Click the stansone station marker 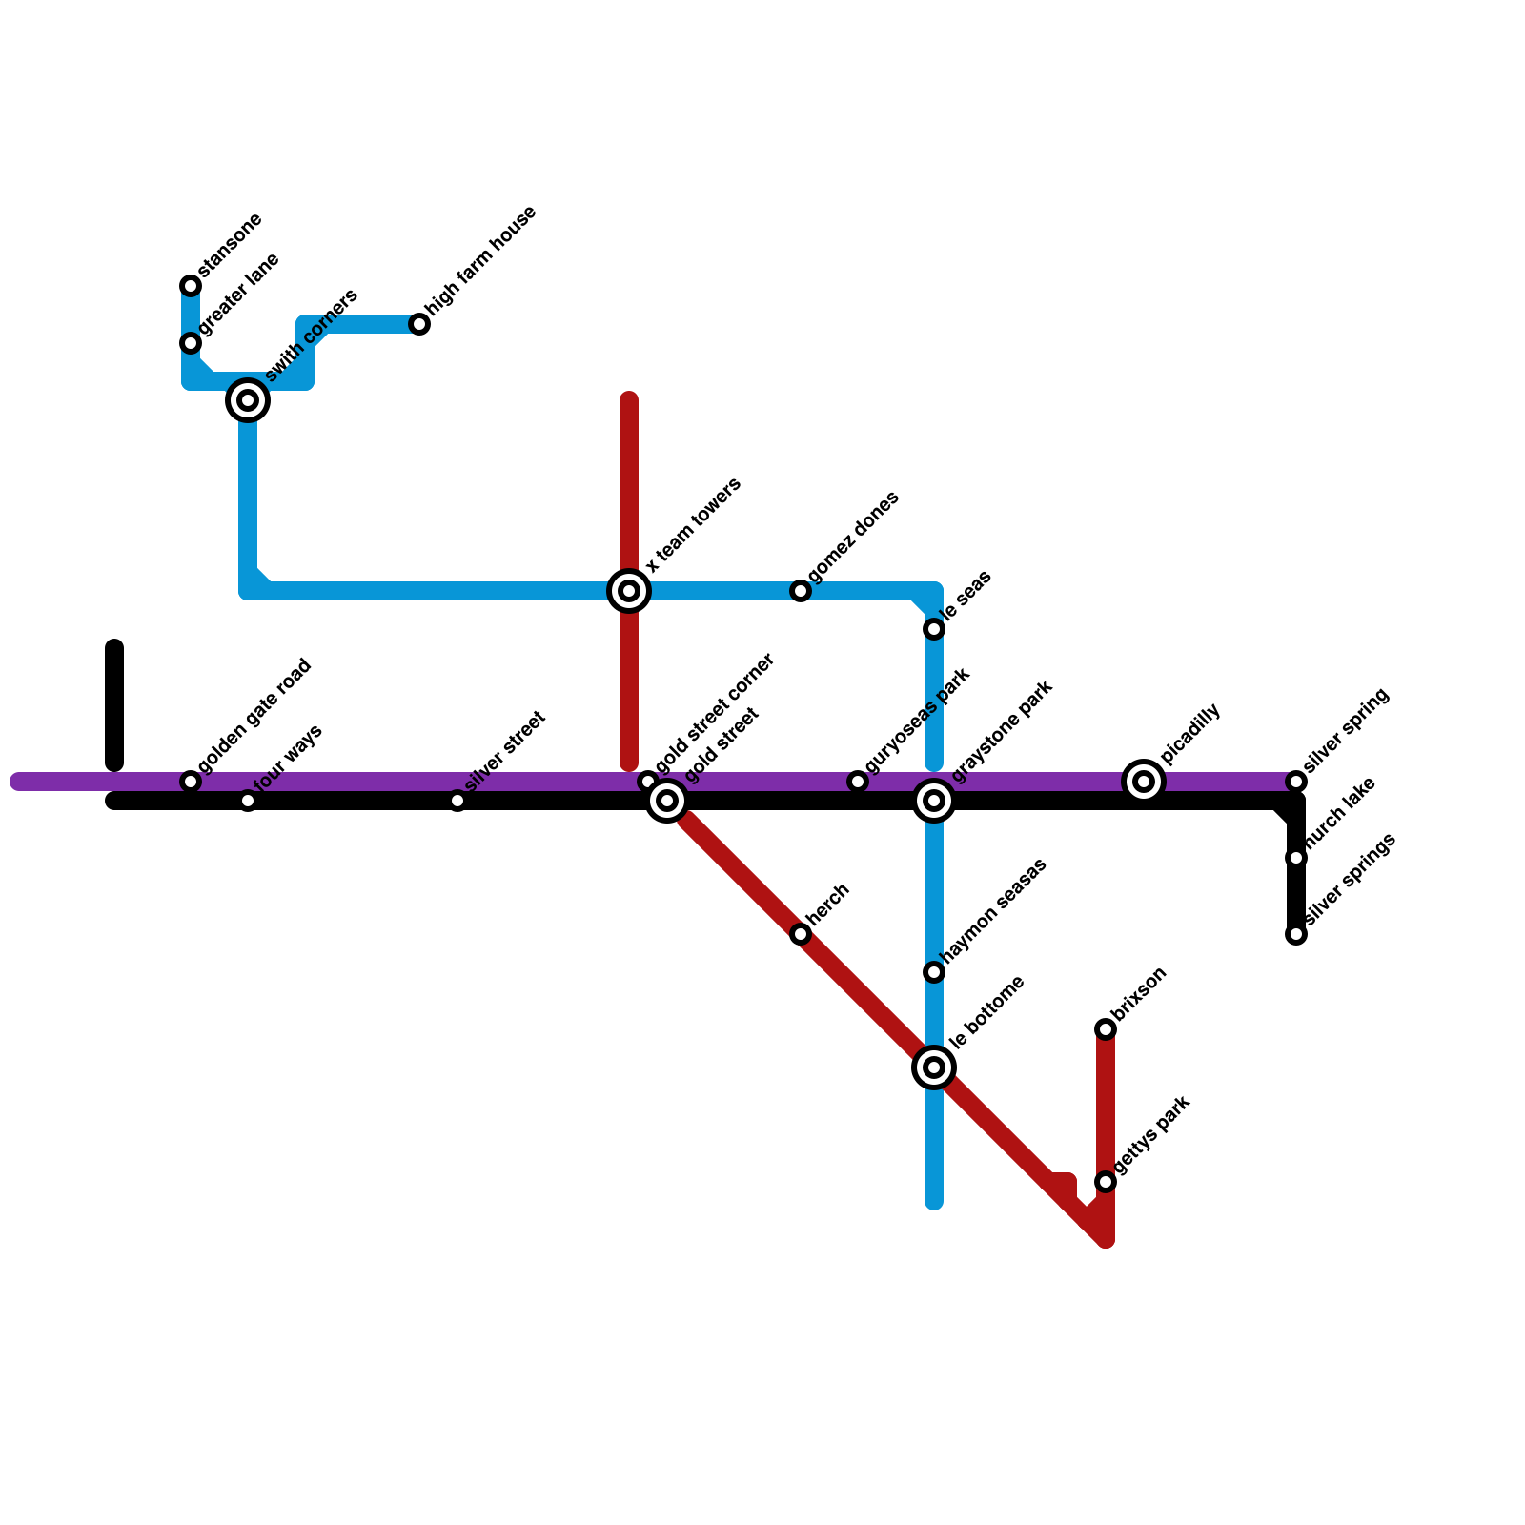pos(191,286)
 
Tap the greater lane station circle pos(191,343)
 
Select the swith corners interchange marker pos(248,400)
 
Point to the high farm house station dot pos(419,324)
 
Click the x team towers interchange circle pos(629,591)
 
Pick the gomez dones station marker pos(801,591)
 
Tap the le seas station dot pos(934,629)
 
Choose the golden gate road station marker pos(191,782)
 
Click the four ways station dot pos(248,801)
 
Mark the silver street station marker pos(457,801)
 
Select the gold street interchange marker pos(668,801)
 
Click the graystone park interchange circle pos(934,801)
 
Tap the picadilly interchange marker pos(1144,782)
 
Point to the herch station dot pos(801,934)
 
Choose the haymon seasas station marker pos(934,972)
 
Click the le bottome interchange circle pos(934,1067)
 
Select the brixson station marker pos(1106,1029)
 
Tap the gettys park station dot pos(1106,1182)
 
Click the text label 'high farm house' pos(482,260)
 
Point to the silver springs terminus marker pos(1296,934)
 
